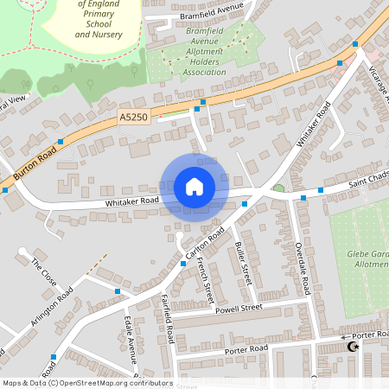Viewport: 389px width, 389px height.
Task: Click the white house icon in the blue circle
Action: [194, 187]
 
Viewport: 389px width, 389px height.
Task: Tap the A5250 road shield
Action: [134, 116]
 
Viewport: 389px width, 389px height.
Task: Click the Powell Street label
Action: [239, 308]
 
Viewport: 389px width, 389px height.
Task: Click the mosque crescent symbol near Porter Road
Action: [352, 347]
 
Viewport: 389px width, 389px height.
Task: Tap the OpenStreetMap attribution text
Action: [86, 383]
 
